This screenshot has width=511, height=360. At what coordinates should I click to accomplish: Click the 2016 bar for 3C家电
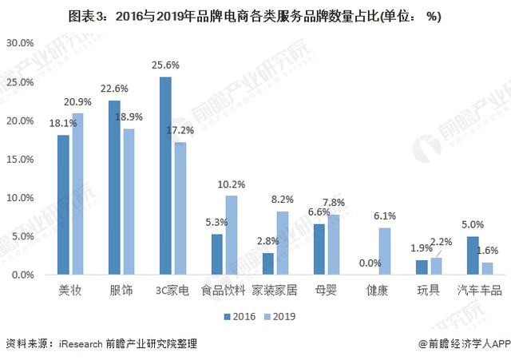[165, 176]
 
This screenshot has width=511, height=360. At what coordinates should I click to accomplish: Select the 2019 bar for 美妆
[77, 194]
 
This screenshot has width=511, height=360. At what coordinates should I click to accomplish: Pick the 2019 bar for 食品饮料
[232, 235]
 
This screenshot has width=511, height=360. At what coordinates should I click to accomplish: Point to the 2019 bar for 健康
[385, 251]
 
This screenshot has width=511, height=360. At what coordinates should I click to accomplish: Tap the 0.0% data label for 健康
[370, 263]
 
